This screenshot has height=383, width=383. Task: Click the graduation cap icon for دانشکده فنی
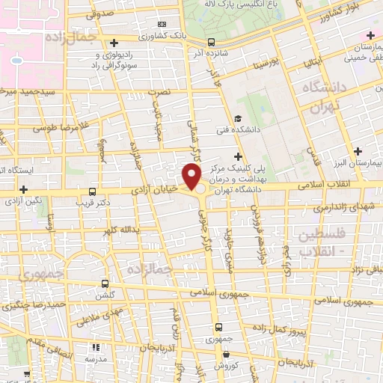tap(238, 118)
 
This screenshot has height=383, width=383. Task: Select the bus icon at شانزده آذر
tap(211, 42)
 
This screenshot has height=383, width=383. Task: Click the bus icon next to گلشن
tap(105, 284)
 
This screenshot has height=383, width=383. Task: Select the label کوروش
tap(226, 366)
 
